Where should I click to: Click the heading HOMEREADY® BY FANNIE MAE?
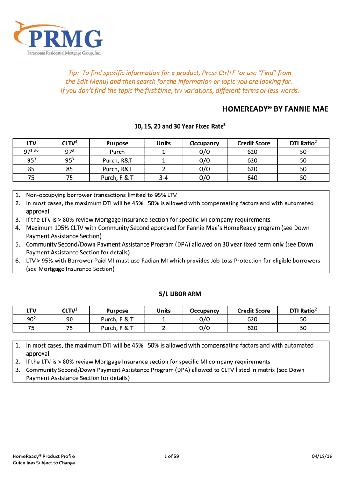pyautogui.click(x=275, y=109)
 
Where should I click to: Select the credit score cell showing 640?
pyautogui.click(x=253, y=177)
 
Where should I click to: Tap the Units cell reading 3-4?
pyautogui.click(x=164, y=177)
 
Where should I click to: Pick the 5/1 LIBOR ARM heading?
pyautogui.click(x=180, y=294)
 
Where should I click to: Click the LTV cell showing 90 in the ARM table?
pyautogui.click(x=31, y=319)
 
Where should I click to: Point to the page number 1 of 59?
pyautogui.click(x=172, y=456)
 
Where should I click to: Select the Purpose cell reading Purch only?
pyautogui.click(x=117, y=152)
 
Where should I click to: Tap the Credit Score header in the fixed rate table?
pyautogui.click(x=253, y=143)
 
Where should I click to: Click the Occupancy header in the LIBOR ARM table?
pyautogui.click(x=204, y=311)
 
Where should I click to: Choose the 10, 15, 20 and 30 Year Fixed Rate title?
pyautogui.click(x=180, y=126)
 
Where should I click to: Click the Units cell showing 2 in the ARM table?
pyautogui.click(x=164, y=328)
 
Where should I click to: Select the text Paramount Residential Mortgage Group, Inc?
pyautogui.click(x=63, y=54)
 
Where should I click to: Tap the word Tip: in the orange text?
pyautogui.click(x=75, y=73)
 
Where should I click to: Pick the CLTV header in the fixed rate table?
pyautogui.click(x=69, y=143)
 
